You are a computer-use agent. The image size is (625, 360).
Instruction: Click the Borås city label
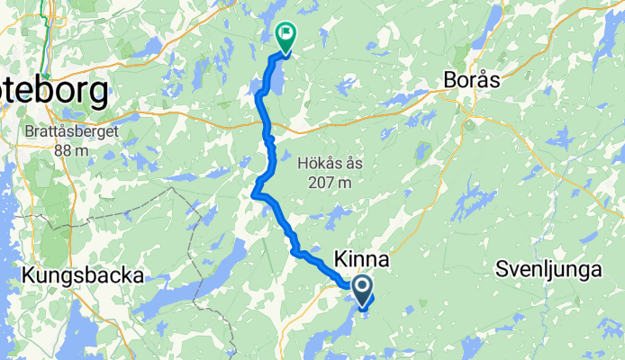tap(472, 80)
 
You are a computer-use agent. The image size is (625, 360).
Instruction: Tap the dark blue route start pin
tap(362, 289)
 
